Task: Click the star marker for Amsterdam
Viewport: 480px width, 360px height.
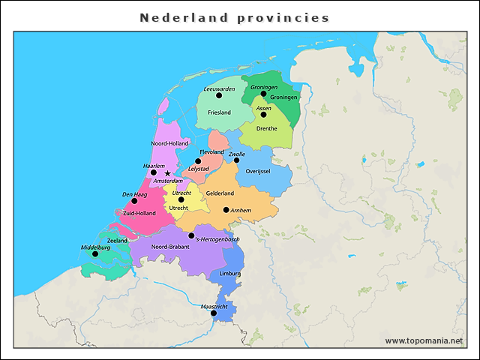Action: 167,173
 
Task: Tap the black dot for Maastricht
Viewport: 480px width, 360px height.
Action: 214,313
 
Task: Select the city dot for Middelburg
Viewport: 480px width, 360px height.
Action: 95,253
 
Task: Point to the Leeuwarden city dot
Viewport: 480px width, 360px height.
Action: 219,95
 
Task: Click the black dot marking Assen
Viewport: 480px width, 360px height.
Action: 263,115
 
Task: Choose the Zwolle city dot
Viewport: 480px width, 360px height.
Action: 236,160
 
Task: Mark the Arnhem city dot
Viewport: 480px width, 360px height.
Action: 226,210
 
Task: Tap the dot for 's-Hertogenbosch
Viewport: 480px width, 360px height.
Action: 192,235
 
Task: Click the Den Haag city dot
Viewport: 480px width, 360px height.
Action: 134,201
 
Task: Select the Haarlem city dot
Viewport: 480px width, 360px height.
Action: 154,172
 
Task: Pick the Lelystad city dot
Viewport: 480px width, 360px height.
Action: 199,161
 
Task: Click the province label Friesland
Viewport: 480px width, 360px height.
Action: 219,112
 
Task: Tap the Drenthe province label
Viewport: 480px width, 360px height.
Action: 266,128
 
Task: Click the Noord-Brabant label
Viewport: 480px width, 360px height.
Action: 169,247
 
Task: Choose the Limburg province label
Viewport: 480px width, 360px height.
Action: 229,274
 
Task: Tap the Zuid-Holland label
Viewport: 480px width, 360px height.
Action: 139,213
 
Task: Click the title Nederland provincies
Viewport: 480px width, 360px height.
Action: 235,18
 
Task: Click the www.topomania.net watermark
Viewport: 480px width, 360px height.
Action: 424,341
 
